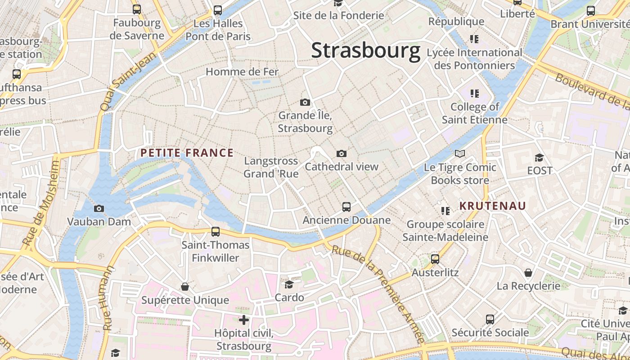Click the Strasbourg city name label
pos(365,50)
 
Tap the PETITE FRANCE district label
pos(187,153)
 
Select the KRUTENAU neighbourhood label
pos(492,206)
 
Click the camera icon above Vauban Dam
pos(99,208)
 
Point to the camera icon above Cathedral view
pos(342,154)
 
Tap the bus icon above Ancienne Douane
pos(346,207)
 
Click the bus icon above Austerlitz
pos(435,259)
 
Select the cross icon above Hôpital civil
pos(244,320)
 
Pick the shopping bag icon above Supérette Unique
pos(184,287)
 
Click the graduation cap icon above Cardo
pos(289,284)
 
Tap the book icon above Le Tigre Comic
pos(459,154)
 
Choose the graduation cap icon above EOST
pos(539,157)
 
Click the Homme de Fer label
pos(242,72)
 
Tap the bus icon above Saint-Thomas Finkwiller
pos(216,232)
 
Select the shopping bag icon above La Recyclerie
pos(528,273)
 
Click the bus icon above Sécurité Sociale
pos(490,319)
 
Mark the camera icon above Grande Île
pos(305,103)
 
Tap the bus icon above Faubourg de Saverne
pos(136,9)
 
